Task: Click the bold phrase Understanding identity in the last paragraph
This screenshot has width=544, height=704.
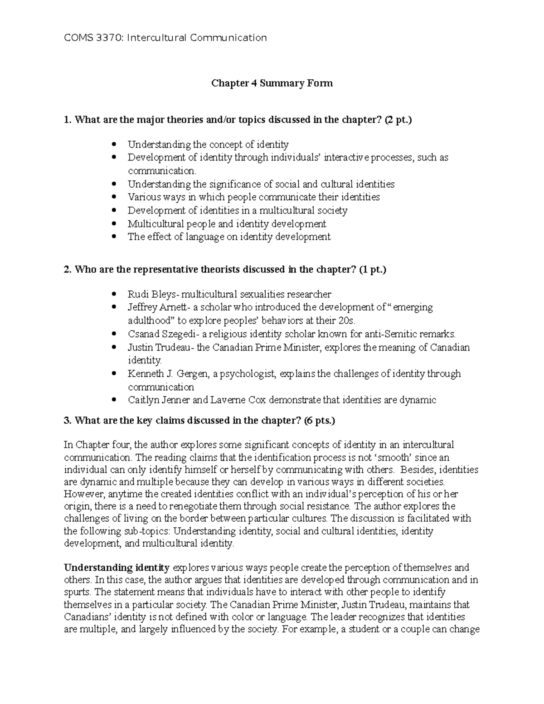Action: [117, 568]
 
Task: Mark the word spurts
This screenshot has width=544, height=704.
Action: [77, 592]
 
